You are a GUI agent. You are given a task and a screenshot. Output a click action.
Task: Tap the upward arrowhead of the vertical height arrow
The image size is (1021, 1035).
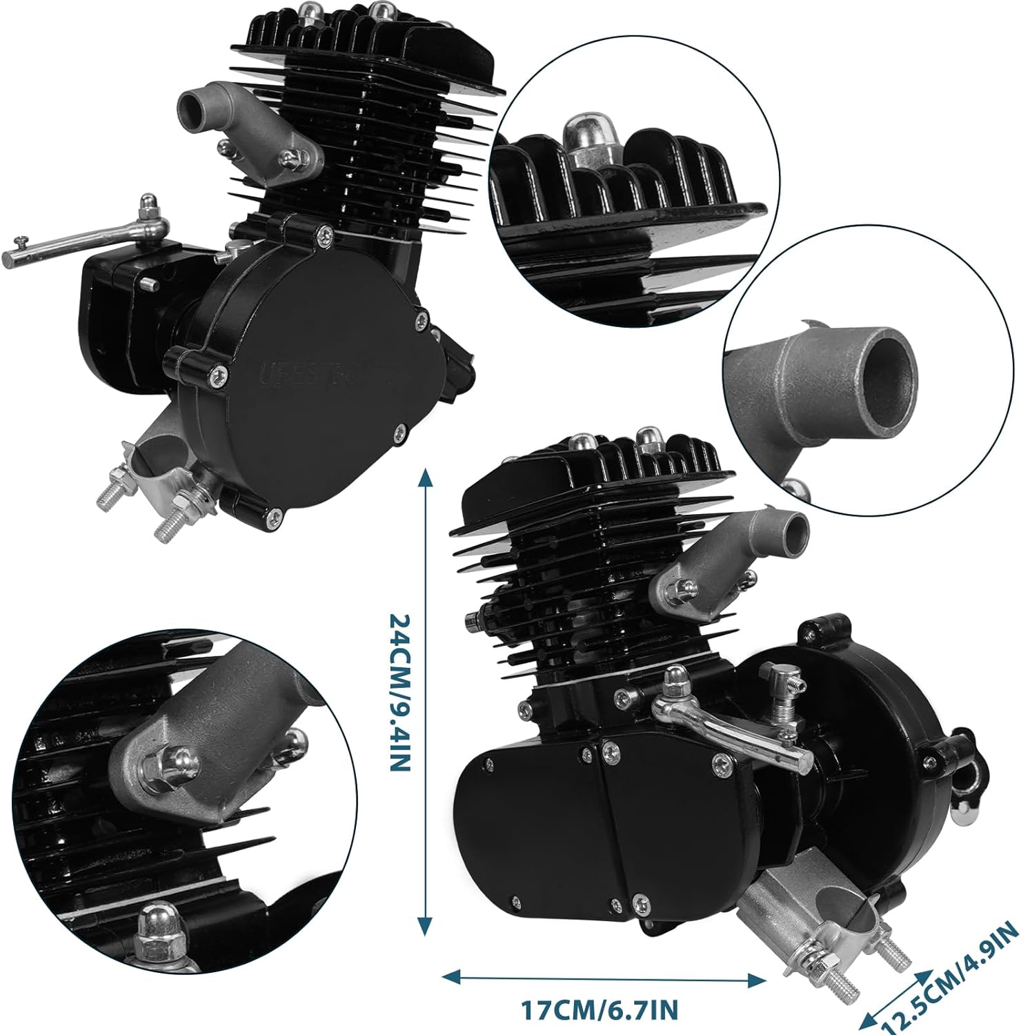(426, 477)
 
